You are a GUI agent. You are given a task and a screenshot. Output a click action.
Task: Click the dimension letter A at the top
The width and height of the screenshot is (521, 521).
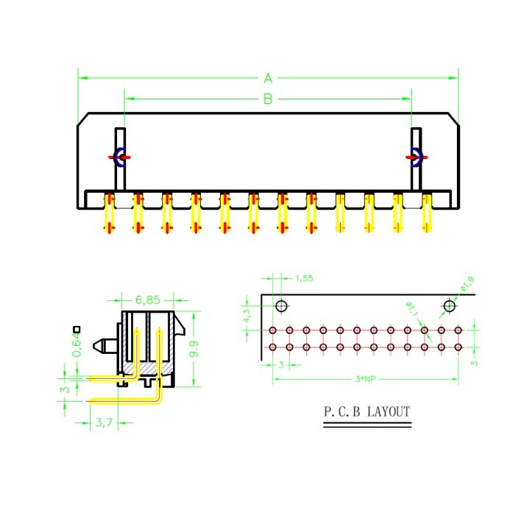pos(269,77)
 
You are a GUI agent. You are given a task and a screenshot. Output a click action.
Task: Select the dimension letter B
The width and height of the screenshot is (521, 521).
pos(269,99)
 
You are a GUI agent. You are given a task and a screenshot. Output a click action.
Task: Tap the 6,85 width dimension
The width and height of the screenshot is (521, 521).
pos(148,300)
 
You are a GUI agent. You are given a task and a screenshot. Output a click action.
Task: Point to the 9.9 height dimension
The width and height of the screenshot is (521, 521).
pos(194,349)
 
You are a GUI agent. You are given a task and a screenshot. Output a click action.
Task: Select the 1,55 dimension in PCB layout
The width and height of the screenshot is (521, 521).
pos(304,278)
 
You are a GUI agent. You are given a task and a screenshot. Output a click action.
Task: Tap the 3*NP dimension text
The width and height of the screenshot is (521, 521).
pos(364,379)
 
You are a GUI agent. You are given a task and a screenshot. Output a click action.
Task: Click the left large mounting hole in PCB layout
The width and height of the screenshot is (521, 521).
pos(281,305)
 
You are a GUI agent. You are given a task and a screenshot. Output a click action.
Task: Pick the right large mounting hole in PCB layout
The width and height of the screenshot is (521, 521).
pos(449,305)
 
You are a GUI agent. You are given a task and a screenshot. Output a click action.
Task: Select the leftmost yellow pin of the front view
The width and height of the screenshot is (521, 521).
pos(110,213)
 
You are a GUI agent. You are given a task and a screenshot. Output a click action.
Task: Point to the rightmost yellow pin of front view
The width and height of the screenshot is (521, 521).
pos(426,213)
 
